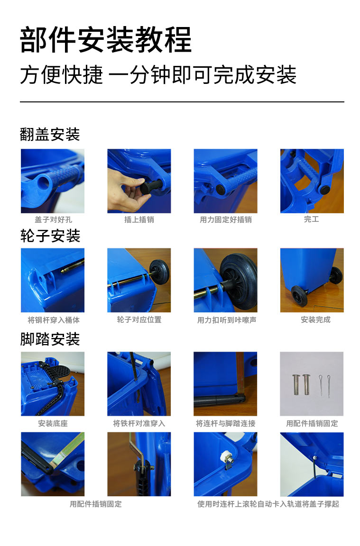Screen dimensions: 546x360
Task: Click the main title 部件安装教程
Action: (106, 40)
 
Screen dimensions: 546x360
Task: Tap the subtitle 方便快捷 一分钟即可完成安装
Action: (158, 75)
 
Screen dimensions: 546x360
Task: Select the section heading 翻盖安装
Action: (50, 134)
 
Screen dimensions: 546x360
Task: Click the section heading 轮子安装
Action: (50, 236)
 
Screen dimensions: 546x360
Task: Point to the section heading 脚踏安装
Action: (50, 339)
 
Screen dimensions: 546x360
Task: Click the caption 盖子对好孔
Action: (53, 220)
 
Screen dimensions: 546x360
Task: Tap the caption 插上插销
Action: (139, 220)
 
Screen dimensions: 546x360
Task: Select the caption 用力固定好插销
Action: (225, 220)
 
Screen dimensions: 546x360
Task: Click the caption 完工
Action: (311, 219)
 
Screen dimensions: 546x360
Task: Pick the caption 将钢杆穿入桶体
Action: (53, 320)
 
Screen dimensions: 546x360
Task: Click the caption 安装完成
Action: (315, 320)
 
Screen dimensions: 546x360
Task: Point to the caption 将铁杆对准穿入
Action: (139, 423)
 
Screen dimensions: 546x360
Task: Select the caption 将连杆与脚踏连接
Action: (225, 423)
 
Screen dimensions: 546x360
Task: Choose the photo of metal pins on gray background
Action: (312, 383)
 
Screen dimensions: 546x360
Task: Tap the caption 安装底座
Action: (53, 423)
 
